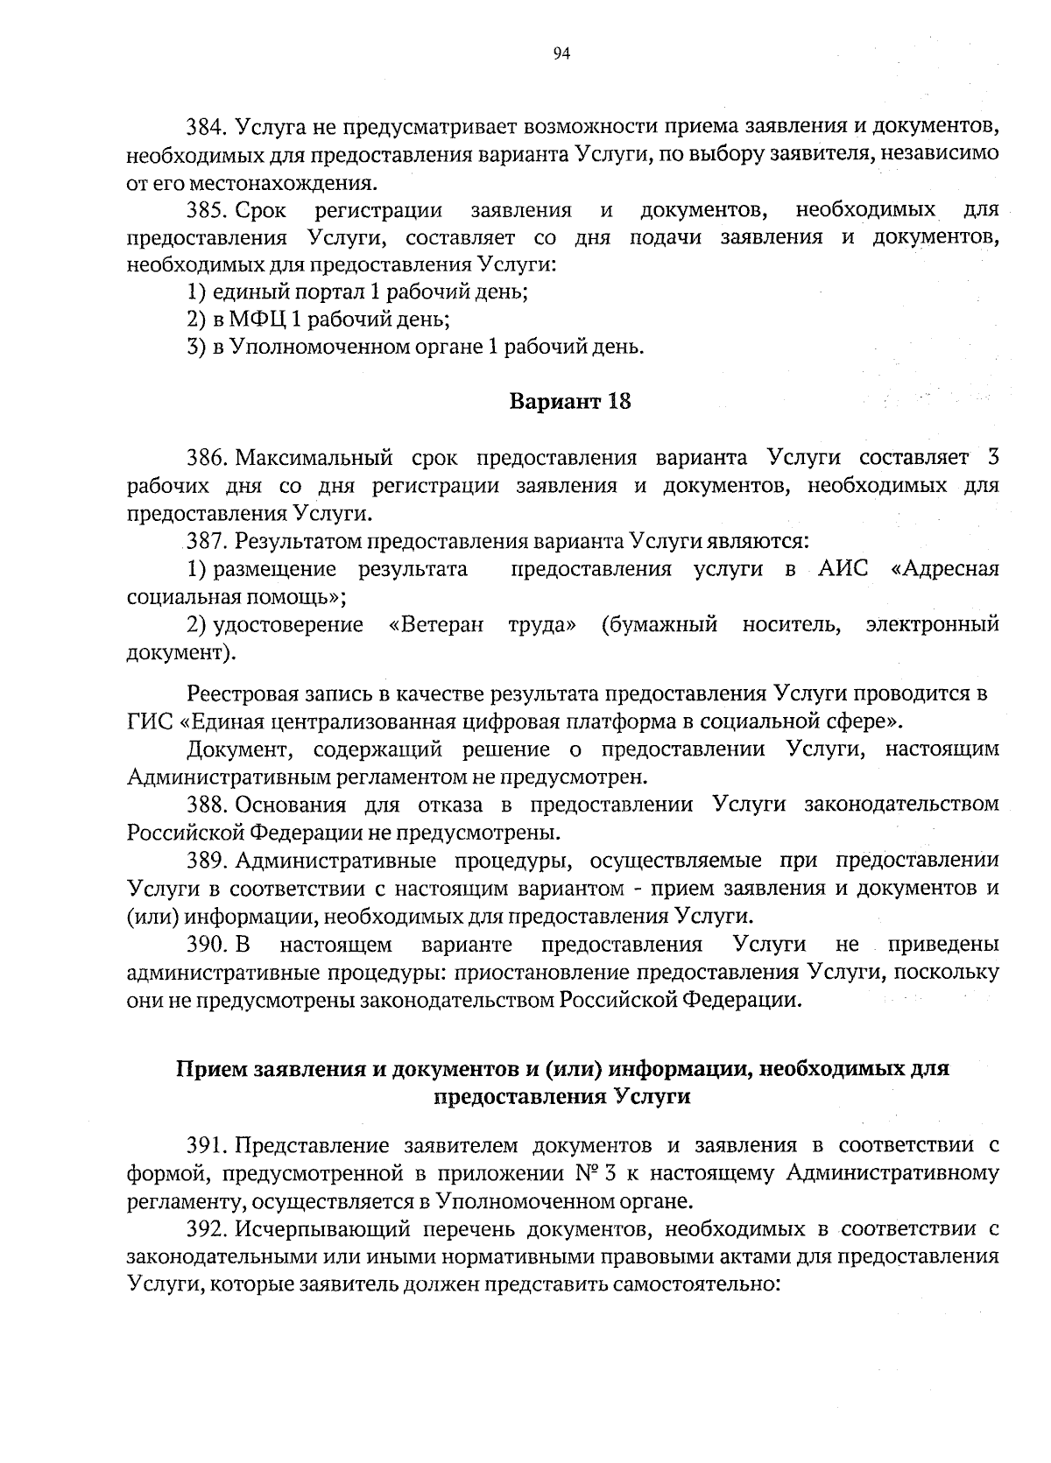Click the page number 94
pos(561,54)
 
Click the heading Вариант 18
pos(569,402)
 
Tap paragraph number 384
pos(207,127)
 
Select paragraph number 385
pos(207,210)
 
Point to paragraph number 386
pos(207,458)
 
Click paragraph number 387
pos(207,542)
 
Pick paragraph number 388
pos(207,805)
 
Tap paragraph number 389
pos(207,861)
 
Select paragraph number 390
pos(207,945)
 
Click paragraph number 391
pos(207,1145)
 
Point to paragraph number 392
pos(207,1229)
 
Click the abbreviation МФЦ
pos(260,320)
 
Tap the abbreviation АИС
pos(843,570)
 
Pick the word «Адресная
pos(944,570)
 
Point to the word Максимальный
pos(311,458)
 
